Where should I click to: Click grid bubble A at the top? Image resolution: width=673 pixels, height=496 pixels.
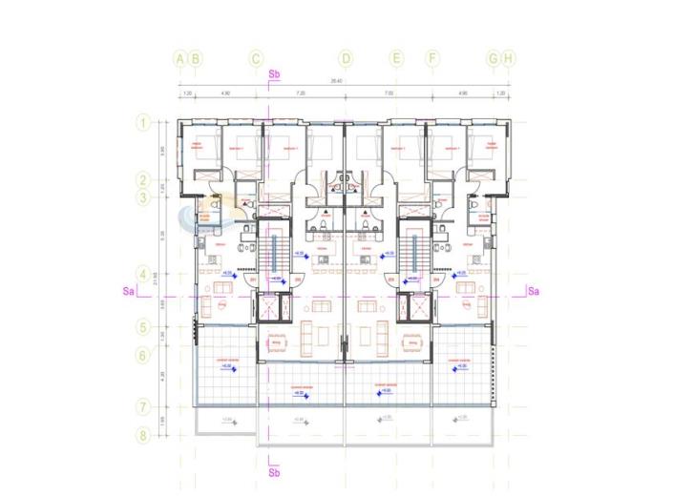[179, 58]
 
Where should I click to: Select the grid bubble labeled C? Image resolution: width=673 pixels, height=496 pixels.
[256, 58]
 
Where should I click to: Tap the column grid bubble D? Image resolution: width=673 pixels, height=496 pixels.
[346, 58]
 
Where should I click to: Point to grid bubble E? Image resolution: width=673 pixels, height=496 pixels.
[396, 58]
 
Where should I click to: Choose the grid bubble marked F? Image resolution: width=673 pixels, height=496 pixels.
[432, 58]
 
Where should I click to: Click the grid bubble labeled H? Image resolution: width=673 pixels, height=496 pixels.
[509, 58]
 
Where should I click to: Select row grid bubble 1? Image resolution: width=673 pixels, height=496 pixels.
[141, 122]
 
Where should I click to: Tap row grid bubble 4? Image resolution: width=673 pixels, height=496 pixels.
[141, 271]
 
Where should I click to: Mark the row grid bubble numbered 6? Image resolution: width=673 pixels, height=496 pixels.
[141, 355]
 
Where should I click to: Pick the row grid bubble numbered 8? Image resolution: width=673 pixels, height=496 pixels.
[141, 436]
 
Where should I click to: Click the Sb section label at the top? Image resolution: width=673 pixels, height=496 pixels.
[275, 73]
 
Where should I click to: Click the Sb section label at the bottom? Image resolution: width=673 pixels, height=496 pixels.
[275, 472]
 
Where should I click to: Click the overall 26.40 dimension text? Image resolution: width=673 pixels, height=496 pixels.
[337, 82]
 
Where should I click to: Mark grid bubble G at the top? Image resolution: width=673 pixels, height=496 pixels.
[493, 58]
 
